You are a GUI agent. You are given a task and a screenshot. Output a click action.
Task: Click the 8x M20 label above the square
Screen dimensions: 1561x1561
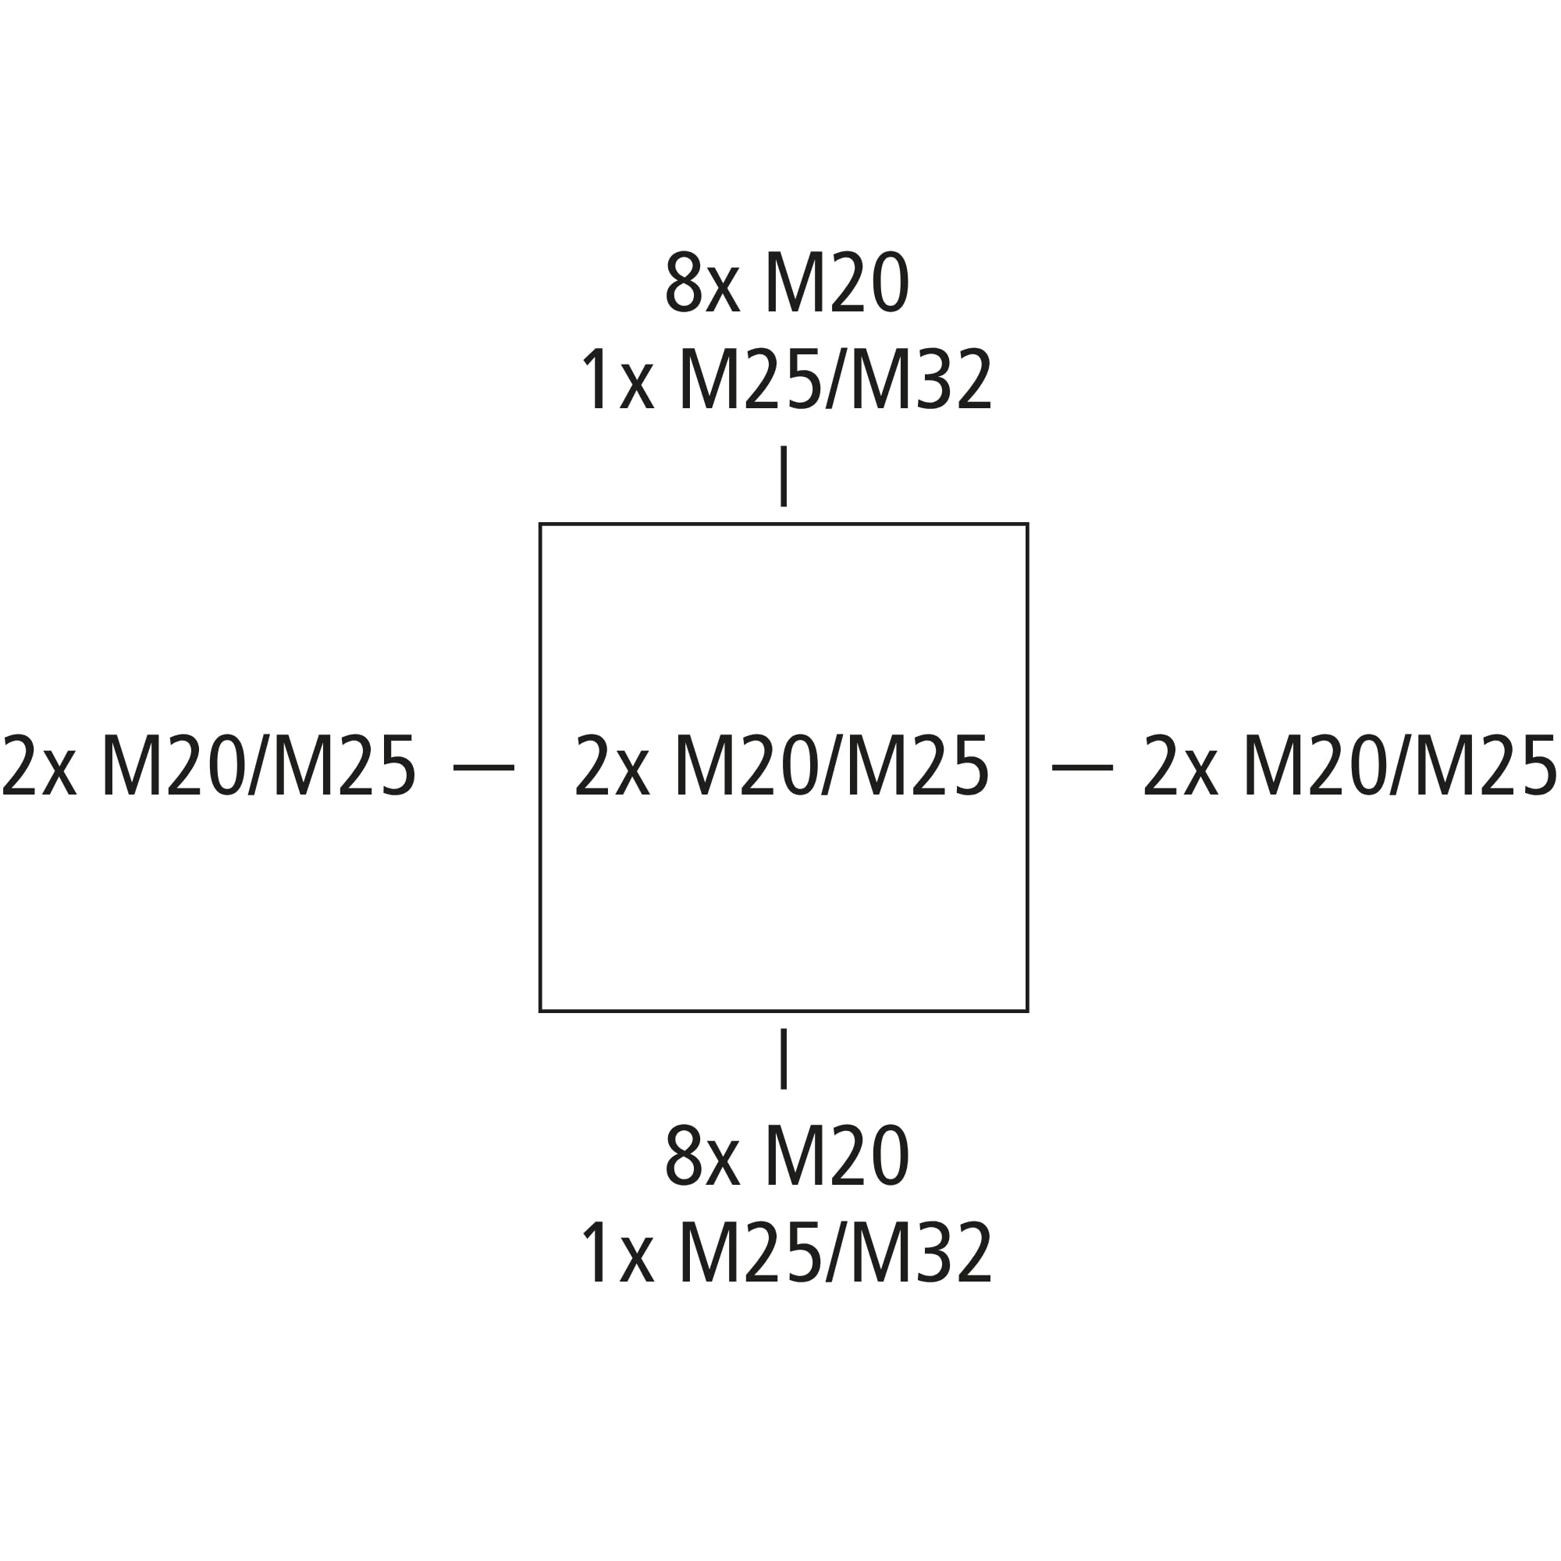click(x=787, y=282)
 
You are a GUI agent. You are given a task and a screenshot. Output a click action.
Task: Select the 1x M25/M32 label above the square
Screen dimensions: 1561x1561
click(x=786, y=380)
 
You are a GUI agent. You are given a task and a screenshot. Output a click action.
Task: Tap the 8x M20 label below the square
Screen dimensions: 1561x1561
click(x=787, y=1156)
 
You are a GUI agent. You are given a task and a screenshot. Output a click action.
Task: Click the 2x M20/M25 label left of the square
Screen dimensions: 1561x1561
click(x=209, y=765)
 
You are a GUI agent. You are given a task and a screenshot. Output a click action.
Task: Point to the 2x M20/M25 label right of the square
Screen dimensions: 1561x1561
click(x=1349, y=765)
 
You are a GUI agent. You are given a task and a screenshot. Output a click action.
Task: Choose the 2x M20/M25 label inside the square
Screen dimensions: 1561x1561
click(x=781, y=766)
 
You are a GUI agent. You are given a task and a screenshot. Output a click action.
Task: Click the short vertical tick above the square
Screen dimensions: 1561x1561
click(x=784, y=476)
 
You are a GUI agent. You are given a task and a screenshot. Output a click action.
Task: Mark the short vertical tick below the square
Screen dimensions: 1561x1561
click(x=784, y=1059)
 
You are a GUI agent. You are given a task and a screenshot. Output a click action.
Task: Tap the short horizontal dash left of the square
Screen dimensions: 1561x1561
click(x=484, y=767)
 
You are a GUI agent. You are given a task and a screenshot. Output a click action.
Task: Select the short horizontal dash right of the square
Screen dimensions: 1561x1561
click(x=1083, y=767)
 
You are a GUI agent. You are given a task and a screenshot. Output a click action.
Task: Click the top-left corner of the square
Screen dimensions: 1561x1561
click(x=541, y=524)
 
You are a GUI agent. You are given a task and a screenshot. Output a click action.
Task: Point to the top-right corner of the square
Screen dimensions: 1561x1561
click(x=1027, y=524)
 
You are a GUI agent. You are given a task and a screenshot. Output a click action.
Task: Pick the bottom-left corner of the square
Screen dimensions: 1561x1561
click(x=541, y=1011)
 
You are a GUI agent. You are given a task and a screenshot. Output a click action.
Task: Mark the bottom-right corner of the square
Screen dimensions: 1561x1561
click(x=1027, y=1011)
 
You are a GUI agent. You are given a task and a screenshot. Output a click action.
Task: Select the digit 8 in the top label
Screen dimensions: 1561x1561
click(x=684, y=282)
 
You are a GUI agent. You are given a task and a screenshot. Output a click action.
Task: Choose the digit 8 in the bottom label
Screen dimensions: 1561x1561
click(x=684, y=1156)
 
